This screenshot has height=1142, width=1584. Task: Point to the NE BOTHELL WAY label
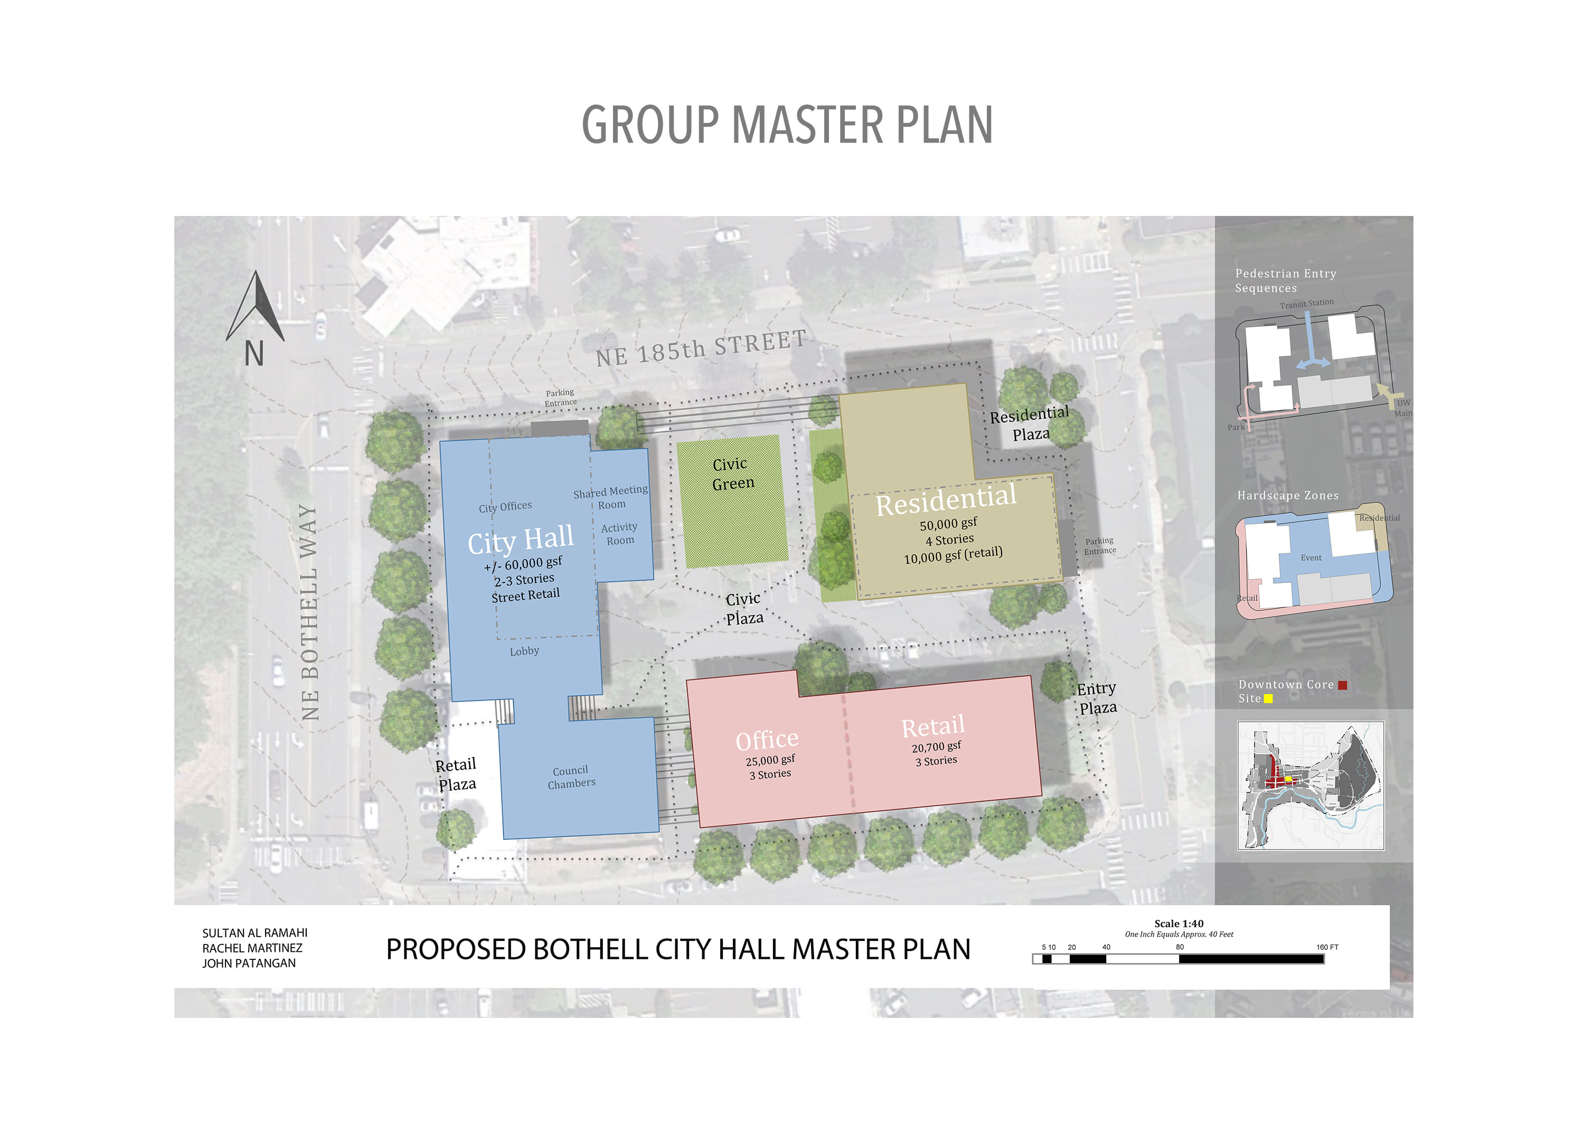[309, 612]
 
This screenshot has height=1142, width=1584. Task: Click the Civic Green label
[732, 474]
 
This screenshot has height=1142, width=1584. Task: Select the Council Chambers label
[571, 777]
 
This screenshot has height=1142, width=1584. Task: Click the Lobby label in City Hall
[524, 651]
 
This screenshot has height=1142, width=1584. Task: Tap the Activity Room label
[619, 534]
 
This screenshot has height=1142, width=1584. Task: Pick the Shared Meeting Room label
[610, 497]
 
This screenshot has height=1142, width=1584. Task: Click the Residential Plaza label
[1030, 423]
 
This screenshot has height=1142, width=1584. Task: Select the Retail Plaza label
[456, 774]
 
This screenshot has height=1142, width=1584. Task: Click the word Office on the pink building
[767, 740]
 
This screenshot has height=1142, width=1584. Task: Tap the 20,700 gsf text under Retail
[936, 747]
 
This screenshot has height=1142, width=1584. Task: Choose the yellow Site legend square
[1268, 699]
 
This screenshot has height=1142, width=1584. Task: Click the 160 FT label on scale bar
[1327, 947]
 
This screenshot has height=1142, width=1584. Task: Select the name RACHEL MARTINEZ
[252, 948]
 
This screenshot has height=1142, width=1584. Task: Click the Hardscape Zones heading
[1287, 495]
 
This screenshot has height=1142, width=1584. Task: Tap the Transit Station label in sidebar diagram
[1306, 303]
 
